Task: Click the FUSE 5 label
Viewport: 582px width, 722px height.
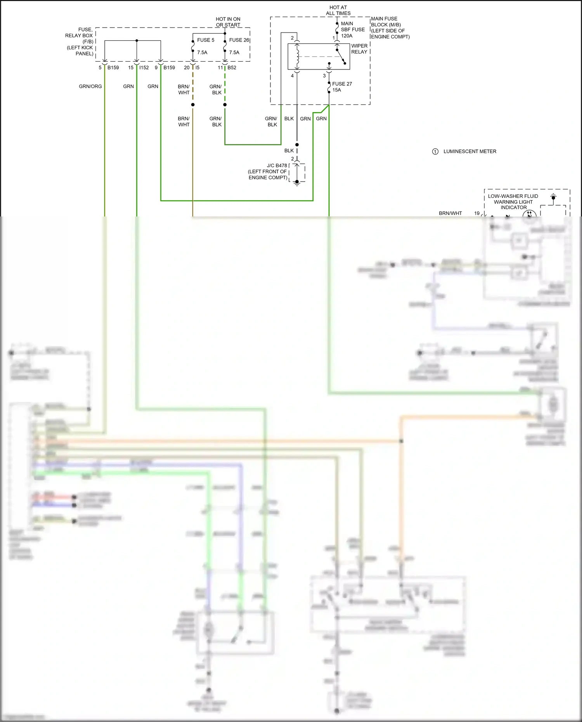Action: [205, 40]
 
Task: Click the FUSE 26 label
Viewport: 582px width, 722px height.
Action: [239, 40]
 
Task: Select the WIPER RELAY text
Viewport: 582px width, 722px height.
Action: [359, 49]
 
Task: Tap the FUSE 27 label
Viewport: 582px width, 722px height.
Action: [341, 84]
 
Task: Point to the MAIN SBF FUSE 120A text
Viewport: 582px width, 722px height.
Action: [352, 29]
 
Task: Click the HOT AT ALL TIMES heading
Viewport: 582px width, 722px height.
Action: [338, 10]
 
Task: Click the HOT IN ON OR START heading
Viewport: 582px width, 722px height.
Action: [228, 22]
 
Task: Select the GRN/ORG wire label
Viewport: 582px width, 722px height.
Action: [90, 87]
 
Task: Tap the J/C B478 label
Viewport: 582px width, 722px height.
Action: [277, 166]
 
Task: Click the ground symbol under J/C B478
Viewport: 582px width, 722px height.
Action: [297, 184]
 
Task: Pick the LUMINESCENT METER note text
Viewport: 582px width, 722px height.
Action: [469, 152]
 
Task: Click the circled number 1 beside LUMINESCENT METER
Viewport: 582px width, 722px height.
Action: [435, 152]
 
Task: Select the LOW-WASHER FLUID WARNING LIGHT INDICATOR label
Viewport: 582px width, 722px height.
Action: [513, 202]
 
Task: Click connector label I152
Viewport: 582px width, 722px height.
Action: [144, 68]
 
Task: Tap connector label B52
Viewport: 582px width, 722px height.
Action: [232, 68]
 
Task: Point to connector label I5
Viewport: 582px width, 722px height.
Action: [197, 68]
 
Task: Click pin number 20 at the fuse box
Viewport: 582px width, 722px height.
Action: [187, 68]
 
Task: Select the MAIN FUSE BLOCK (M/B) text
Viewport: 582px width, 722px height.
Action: [390, 28]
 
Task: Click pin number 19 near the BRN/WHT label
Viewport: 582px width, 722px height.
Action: [477, 213]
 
